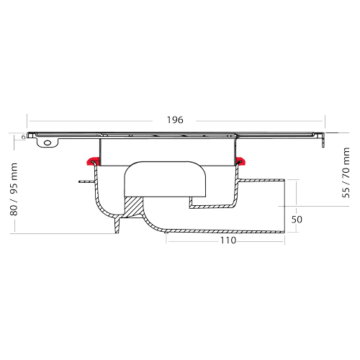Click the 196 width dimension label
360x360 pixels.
(x=175, y=120)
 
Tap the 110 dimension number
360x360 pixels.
(x=228, y=240)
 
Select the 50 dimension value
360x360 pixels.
(x=297, y=220)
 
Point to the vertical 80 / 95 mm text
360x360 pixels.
(x=14, y=189)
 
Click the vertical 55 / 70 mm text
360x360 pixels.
(x=346, y=173)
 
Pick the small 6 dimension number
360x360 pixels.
(x=23, y=137)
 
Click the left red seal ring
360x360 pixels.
(x=94, y=161)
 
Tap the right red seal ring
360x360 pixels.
(x=240, y=161)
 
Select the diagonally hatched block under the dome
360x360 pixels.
(x=133, y=206)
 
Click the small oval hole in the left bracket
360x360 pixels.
(x=48, y=143)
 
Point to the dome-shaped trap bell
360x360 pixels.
(x=165, y=179)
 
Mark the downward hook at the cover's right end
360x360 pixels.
(x=323, y=142)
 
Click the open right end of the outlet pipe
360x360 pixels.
(x=284, y=205)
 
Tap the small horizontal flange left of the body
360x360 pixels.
(x=86, y=181)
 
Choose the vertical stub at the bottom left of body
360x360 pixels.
(x=117, y=225)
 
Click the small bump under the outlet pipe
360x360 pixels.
(x=166, y=232)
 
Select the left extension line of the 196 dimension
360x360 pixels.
(x=27, y=122)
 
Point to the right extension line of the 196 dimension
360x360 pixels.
(x=325, y=122)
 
